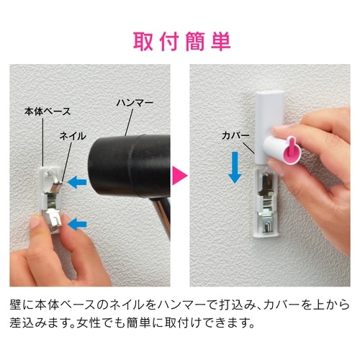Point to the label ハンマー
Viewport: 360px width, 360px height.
[135, 103]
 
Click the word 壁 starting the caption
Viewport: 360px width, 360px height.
[17, 303]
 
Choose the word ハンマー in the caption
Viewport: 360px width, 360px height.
[163, 303]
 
